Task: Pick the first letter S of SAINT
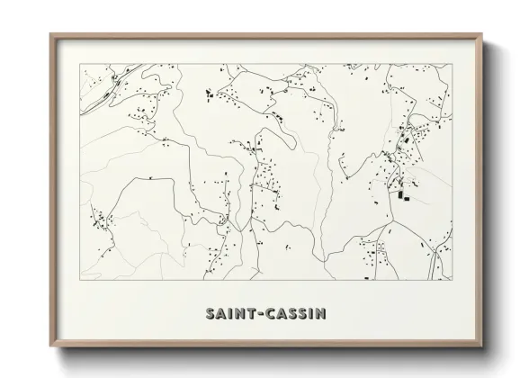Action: pyautogui.click(x=210, y=314)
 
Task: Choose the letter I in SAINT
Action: pyautogui.click(x=229, y=314)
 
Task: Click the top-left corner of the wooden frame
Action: pyautogui.click(x=50, y=34)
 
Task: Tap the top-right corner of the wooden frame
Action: pyautogui.click(x=482, y=34)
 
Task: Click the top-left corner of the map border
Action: pyautogui.click(x=81, y=64)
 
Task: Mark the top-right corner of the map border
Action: pyautogui.click(x=453, y=64)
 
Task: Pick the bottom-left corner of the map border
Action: pyautogui.click(x=81, y=280)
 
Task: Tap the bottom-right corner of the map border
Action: pyautogui.click(x=453, y=280)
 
